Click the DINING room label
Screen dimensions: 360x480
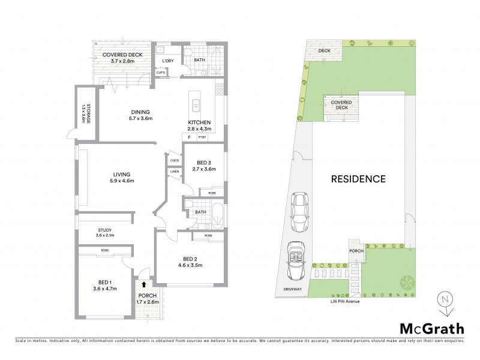(141, 112)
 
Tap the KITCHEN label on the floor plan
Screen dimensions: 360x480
(199, 122)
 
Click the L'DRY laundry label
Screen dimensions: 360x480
(167, 61)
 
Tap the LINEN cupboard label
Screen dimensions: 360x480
(175, 172)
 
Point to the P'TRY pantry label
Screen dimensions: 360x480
(202, 137)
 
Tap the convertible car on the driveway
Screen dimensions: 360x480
(296, 260)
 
